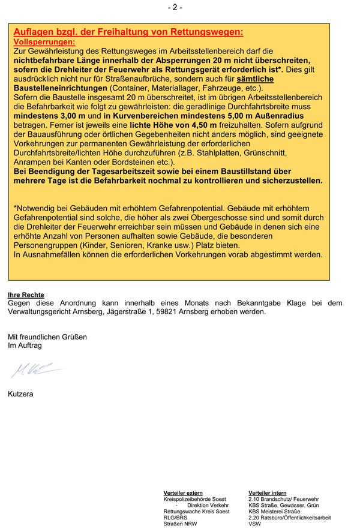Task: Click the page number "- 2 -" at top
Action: tap(175, 7)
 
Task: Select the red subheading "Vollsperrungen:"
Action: tap(44, 43)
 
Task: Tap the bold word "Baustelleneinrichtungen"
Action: tap(60, 88)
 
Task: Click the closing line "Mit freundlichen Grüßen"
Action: tap(47, 337)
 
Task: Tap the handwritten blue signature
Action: tap(35, 369)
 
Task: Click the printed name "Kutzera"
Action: tap(21, 394)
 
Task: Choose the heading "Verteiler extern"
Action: tap(183, 493)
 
